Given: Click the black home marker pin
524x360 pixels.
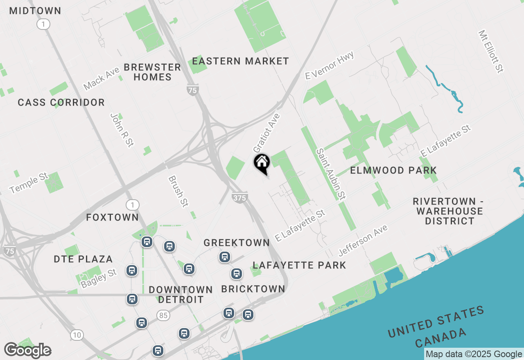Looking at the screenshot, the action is pos(262,163).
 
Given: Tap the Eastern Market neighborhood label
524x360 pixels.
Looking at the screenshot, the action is pos(240,61).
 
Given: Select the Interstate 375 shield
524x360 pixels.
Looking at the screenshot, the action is pos(239,198).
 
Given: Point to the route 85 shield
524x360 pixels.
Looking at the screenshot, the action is pos(163,315).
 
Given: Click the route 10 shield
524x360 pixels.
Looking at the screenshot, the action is pos(77,335).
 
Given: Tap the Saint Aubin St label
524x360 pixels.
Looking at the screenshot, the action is pos(330,174).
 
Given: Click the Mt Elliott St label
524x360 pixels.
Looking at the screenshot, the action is pos(490,52).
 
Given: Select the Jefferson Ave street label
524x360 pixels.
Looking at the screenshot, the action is pos(363,240).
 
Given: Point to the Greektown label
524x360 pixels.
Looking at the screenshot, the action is pos(237,243).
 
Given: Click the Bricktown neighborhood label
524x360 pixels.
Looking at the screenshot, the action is pos(253,289).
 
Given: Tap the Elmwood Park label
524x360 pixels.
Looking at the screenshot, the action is pos(393,170).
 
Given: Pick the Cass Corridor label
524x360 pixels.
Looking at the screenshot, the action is pos(61,102).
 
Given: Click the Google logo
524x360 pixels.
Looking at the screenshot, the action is pos(27,351).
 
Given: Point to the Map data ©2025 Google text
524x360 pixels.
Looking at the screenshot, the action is pos(474,354).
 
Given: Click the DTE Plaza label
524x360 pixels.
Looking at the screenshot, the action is pos(83,259).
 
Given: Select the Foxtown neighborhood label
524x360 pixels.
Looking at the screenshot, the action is pos(113,217).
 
